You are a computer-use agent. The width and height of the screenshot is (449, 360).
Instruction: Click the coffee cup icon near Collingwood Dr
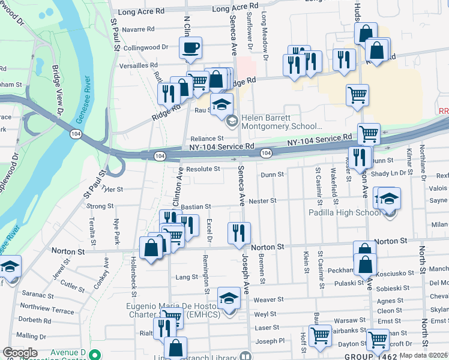[190, 48]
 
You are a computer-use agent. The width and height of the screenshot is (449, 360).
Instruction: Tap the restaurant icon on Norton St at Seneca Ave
[239, 233]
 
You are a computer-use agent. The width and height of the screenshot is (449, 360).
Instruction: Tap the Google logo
[20, 353]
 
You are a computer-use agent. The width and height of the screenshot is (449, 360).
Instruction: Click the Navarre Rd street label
[137, 29]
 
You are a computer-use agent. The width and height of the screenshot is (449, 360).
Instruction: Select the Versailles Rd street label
[137, 65]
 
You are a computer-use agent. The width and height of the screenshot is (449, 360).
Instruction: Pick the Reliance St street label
[207, 139]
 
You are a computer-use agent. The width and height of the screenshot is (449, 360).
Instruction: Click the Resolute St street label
[203, 169]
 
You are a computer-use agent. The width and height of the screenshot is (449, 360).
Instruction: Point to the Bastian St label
[197, 206]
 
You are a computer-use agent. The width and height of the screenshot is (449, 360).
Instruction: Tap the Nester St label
[262, 201]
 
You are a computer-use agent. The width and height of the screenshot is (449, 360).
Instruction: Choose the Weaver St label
[268, 299]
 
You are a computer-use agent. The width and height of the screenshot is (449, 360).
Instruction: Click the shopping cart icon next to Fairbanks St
[320, 336]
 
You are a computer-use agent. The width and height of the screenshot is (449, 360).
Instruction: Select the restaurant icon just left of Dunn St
[359, 157]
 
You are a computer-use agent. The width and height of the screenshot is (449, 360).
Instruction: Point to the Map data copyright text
[423, 355]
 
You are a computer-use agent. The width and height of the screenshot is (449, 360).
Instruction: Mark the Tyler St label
[112, 189]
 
